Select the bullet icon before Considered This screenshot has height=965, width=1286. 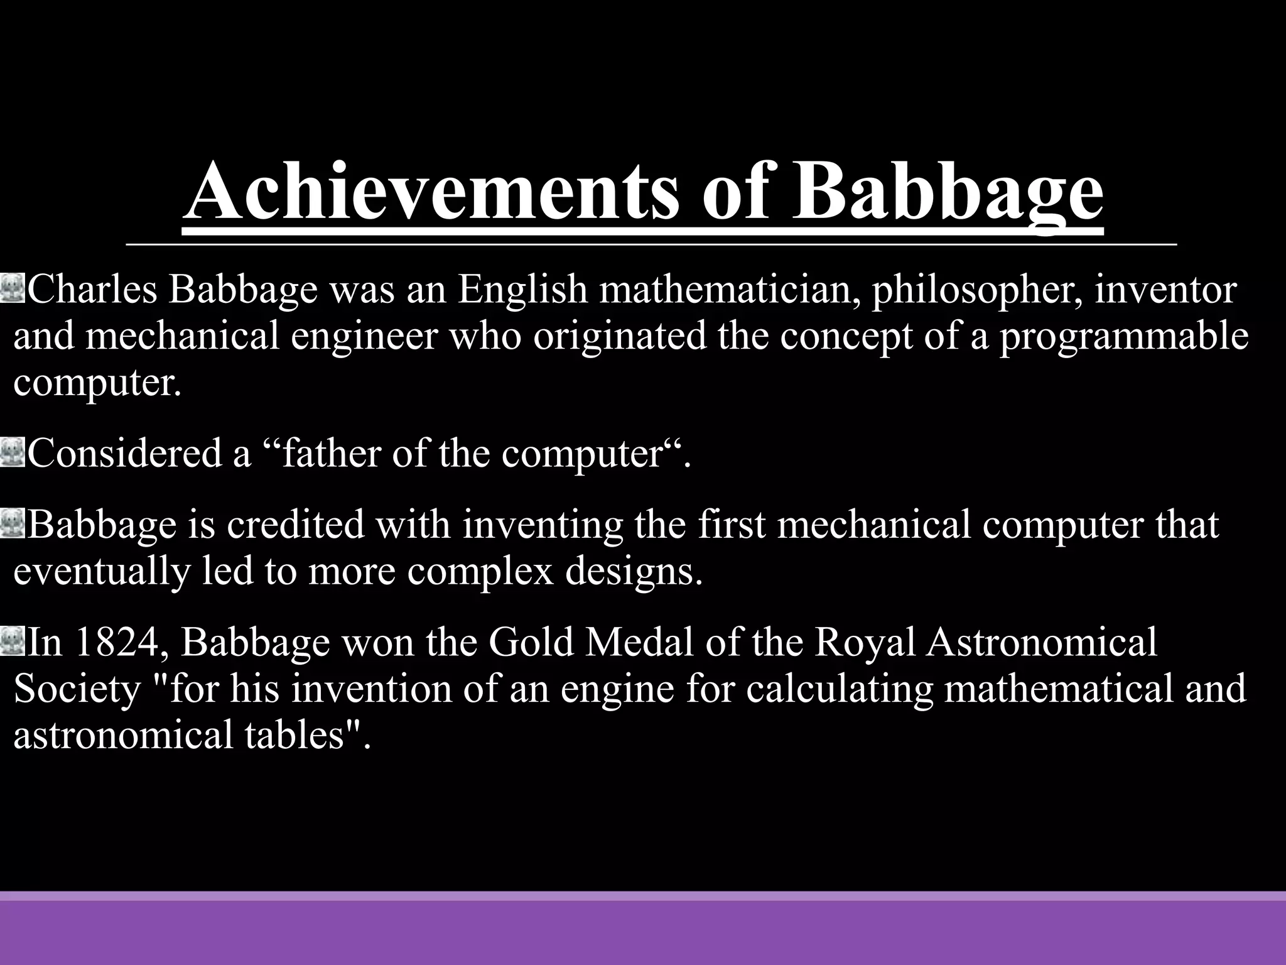coord(13,452)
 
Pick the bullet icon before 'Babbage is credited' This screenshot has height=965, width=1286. coord(13,523)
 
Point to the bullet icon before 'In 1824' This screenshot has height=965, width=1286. coord(13,641)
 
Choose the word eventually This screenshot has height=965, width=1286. coord(101,571)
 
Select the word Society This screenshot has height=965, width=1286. coord(77,689)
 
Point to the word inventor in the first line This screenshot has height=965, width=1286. coord(1165,290)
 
